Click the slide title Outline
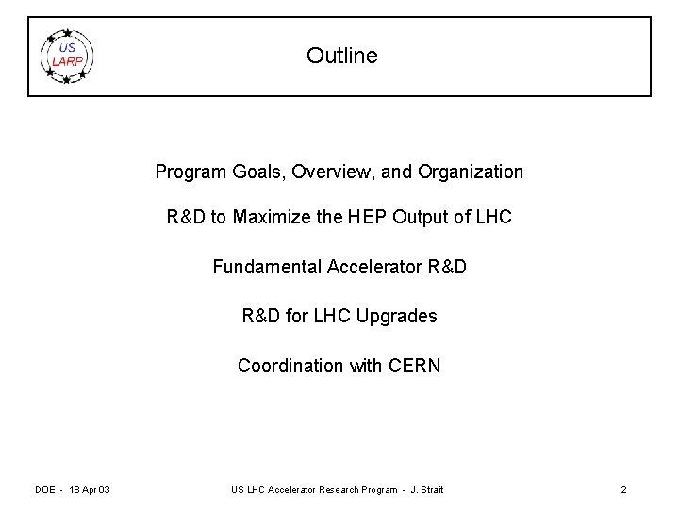341,56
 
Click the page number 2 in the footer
623,489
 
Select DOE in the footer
45,489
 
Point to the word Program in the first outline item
188,172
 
